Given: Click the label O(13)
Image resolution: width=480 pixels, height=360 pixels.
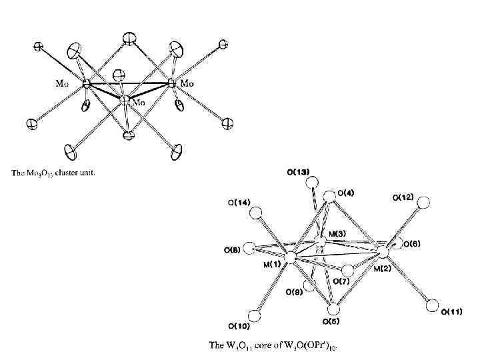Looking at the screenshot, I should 298,172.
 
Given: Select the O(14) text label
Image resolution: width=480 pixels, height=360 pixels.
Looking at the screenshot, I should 239,203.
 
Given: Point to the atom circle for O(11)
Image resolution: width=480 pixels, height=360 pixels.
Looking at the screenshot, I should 433,307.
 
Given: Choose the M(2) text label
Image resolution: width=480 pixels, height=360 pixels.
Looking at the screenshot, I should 383,268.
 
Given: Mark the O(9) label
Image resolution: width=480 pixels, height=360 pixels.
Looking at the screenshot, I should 294,292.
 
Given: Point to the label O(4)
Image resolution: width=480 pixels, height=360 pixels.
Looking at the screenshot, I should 346,193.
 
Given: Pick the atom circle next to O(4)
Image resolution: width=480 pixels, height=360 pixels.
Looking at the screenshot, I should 329,197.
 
